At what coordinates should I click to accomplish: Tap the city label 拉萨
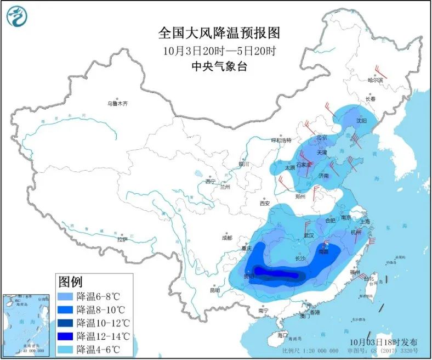pos(122,239)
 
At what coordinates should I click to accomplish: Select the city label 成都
pos(226,238)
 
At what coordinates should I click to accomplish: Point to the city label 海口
pos(282,334)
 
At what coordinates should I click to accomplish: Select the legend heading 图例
pos(70,282)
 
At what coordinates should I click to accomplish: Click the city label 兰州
pos(225,187)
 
